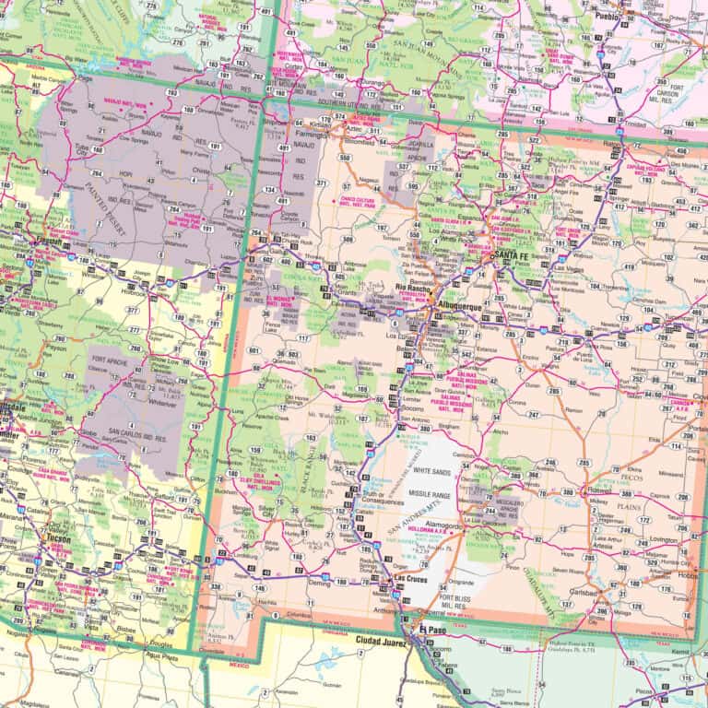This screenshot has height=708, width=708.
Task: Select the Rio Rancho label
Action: (x=414, y=288)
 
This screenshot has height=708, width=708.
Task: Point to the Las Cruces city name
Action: (x=412, y=579)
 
